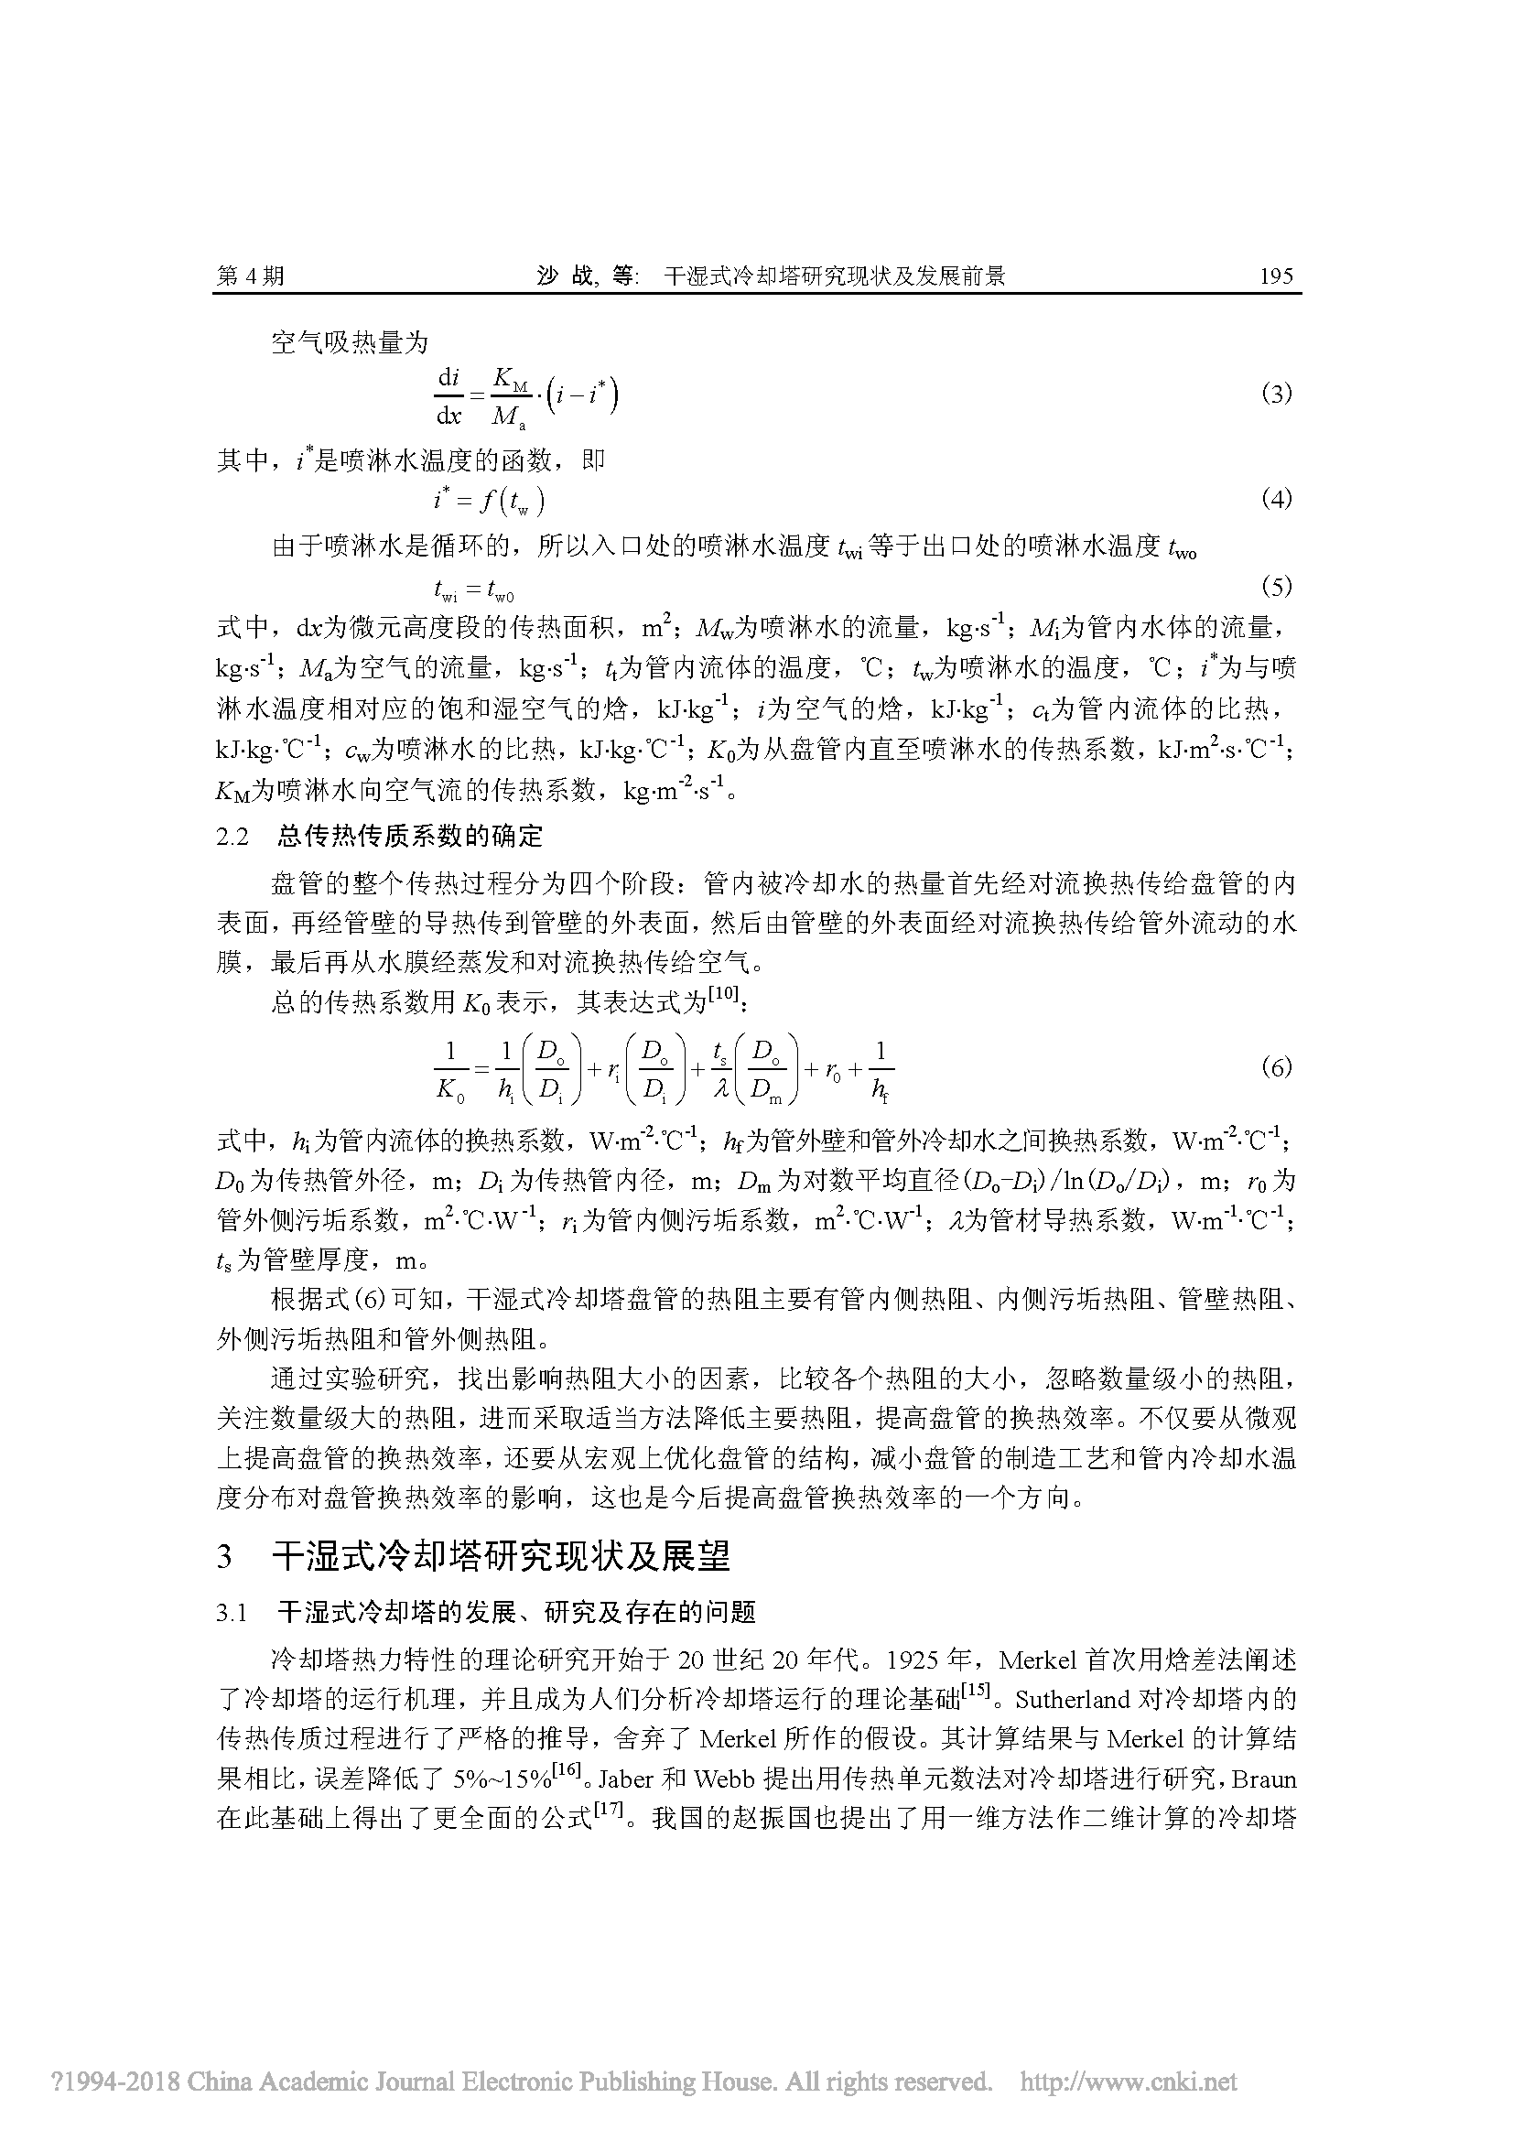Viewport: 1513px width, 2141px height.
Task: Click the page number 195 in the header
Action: [1275, 276]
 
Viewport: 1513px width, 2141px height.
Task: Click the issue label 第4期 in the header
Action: [250, 276]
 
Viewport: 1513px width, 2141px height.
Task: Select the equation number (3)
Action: [1276, 394]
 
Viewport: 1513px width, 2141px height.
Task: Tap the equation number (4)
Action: [1276, 499]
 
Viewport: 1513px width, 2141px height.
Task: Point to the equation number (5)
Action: [1276, 587]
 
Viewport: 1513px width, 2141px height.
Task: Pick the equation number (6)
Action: [1276, 1066]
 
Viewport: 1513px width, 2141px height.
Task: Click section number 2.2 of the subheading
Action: [233, 837]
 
